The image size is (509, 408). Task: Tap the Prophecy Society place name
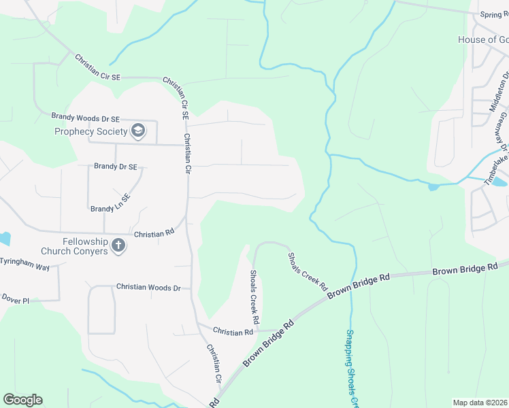91,131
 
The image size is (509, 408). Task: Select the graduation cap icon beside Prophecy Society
138,131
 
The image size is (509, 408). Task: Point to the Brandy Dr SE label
116,166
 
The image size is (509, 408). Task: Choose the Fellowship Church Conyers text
75,246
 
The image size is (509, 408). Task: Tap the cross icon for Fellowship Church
118,245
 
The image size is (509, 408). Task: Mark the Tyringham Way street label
24,261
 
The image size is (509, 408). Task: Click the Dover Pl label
16,299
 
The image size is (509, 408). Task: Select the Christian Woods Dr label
148,288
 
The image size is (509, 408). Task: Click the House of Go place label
482,39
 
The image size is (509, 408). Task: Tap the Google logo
22,400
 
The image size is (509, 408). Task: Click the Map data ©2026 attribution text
480,403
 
